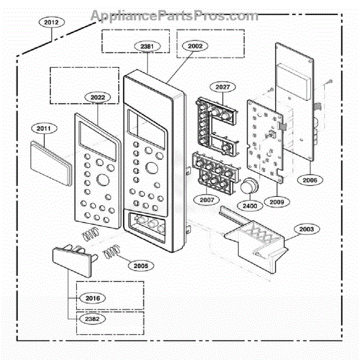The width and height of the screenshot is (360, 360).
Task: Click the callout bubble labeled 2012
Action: [52, 22]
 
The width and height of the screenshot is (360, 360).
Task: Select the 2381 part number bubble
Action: [147, 46]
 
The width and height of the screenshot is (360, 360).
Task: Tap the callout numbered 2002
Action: [195, 46]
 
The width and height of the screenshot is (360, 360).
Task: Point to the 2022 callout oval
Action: [98, 97]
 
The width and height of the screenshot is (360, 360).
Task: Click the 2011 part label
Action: [44, 128]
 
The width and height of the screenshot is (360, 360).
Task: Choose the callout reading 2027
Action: [223, 87]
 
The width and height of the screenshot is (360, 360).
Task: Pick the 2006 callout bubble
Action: [310, 180]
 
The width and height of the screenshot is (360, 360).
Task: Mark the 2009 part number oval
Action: [277, 202]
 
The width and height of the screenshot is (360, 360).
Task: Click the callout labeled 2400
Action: [250, 206]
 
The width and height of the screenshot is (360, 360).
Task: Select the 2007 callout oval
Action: [206, 200]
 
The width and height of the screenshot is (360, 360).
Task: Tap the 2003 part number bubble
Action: [307, 229]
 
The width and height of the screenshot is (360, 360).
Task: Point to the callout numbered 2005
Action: [141, 266]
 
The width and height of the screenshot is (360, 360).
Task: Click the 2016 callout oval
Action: [92, 298]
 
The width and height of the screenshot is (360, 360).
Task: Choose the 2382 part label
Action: [92, 319]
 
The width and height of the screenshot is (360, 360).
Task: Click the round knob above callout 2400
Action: [250, 185]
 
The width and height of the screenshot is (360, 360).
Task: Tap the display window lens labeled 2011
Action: [51, 163]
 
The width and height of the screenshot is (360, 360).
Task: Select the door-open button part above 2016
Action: [73, 260]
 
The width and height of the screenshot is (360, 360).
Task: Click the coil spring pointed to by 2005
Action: [112, 251]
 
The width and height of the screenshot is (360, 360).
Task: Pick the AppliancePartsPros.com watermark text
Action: [175, 16]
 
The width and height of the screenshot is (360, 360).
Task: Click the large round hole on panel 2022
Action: [103, 180]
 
